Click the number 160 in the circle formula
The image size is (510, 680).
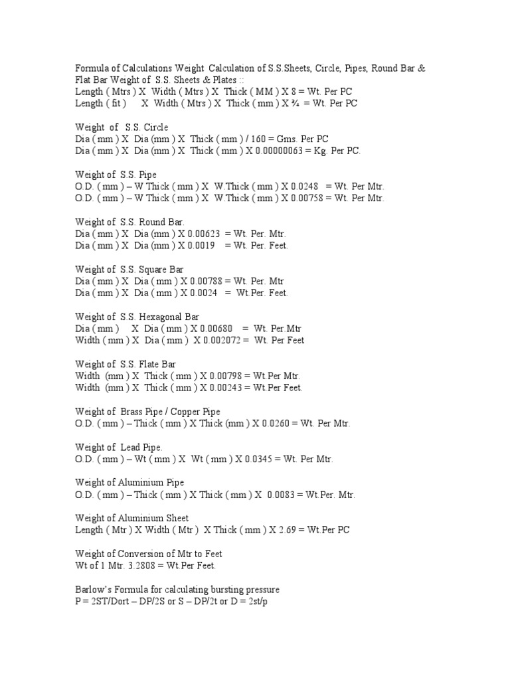point(254,139)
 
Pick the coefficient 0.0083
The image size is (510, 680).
point(280,495)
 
